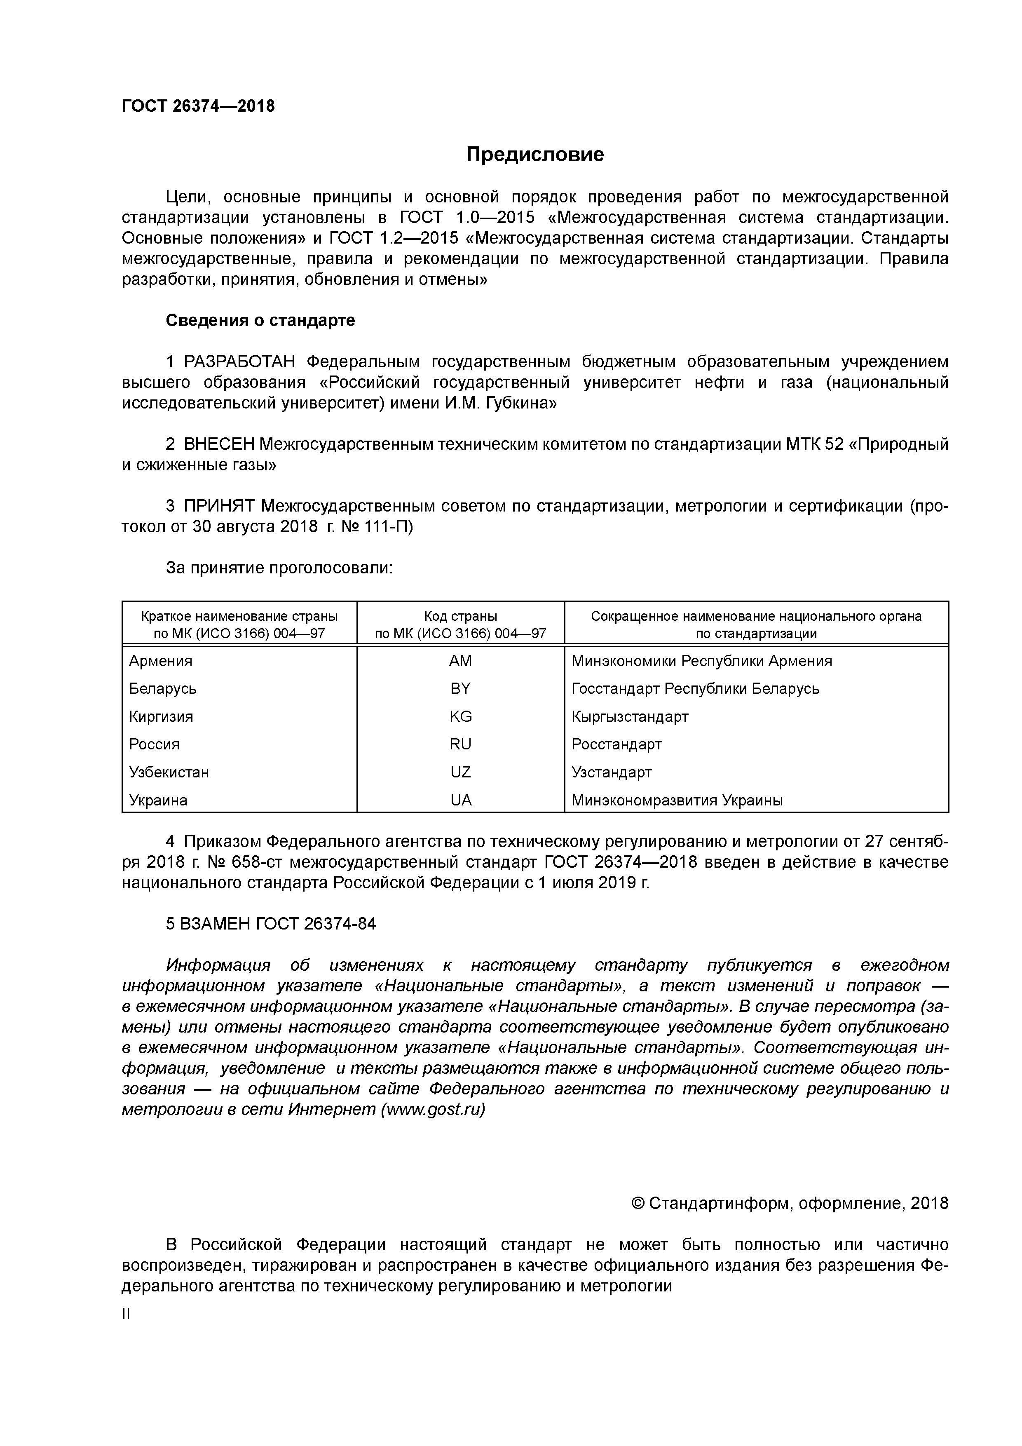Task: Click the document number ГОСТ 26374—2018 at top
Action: (198, 106)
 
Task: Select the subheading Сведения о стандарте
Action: (260, 321)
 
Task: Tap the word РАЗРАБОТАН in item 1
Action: (239, 362)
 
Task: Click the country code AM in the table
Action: (460, 661)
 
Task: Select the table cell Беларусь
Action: (162, 689)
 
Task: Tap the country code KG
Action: (460, 717)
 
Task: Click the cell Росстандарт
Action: (616, 744)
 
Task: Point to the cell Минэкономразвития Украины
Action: (677, 800)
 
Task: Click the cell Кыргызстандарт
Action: (630, 717)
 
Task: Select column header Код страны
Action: (460, 616)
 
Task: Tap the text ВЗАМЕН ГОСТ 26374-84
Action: (271, 924)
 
